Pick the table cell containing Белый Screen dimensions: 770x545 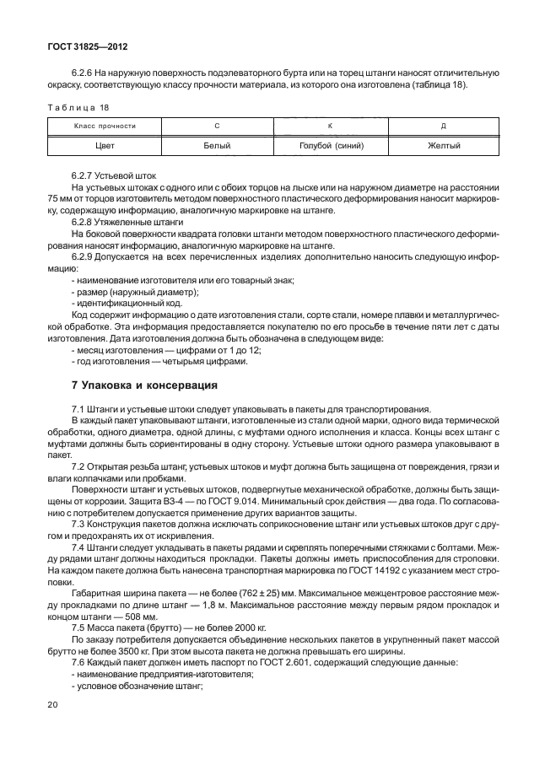[x=217, y=146]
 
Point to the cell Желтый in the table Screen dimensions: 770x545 [x=444, y=146]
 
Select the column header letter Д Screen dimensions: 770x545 [x=444, y=126]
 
